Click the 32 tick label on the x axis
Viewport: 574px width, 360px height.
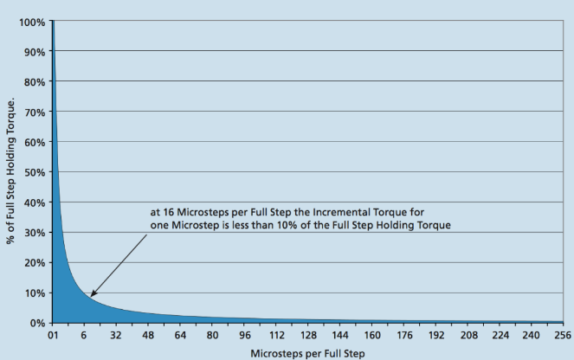point(116,336)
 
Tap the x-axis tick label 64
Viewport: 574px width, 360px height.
point(181,336)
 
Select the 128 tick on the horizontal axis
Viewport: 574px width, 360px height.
point(307,336)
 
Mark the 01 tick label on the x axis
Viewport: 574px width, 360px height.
point(54,336)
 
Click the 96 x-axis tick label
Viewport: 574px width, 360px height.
point(245,336)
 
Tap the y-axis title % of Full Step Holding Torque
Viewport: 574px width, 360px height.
point(12,171)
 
